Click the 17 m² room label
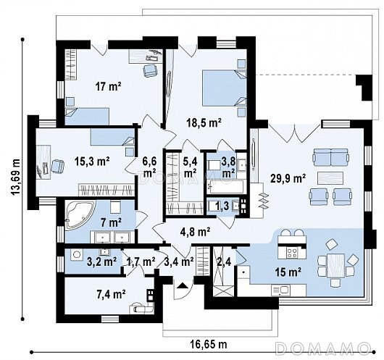[x=108, y=86]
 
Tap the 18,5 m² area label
[x=204, y=122]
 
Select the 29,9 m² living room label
[x=288, y=178]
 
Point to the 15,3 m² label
[x=92, y=162]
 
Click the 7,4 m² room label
[x=112, y=294]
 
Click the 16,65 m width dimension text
[x=209, y=344]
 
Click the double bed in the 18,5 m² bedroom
[x=225, y=88]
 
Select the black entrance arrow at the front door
[x=182, y=285]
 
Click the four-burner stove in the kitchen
[x=292, y=253]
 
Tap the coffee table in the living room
[x=330, y=177]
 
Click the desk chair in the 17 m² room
[x=150, y=70]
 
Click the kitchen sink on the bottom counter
[x=280, y=290]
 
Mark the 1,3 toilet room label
[x=222, y=206]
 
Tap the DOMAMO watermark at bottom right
[x=322, y=348]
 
